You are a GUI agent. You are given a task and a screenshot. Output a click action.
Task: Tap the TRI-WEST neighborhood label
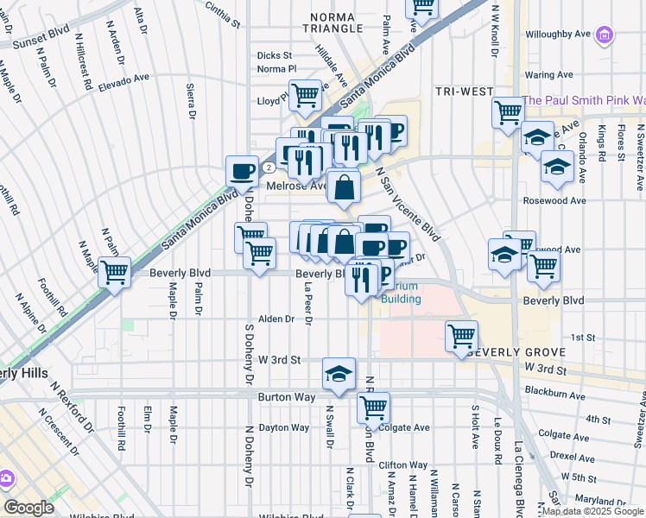click(464, 92)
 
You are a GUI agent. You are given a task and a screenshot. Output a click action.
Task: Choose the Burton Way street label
click(284, 397)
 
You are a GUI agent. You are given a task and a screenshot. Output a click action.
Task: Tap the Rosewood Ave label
click(554, 200)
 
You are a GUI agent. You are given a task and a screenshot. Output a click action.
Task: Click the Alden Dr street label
click(277, 319)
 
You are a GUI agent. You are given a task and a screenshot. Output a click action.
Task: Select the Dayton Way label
click(283, 427)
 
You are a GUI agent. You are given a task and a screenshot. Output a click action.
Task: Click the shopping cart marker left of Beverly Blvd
click(113, 272)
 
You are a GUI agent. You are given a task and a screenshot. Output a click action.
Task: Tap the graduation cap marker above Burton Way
click(339, 373)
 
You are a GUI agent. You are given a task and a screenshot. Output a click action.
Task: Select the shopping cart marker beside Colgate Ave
click(373, 407)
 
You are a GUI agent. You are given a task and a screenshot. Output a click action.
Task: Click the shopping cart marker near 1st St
click(461, 336)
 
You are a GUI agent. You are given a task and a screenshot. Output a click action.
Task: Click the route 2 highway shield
click(269, 167)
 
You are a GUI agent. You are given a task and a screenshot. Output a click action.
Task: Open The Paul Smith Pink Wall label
click(584, 100)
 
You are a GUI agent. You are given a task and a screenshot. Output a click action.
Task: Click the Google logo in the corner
click(28, 508)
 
